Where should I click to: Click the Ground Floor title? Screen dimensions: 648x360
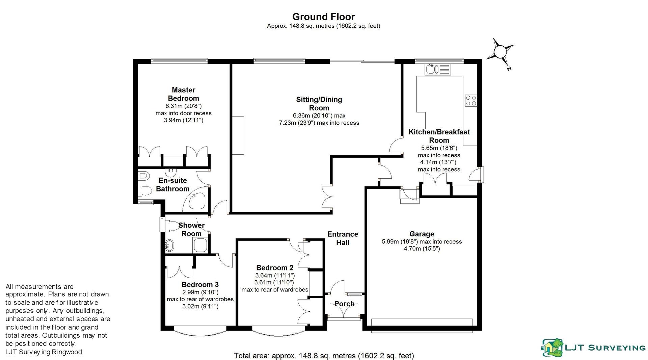(x=323, y=17)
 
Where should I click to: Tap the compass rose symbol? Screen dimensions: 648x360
(x=500, y=52)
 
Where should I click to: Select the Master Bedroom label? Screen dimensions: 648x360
(x=183, y=94)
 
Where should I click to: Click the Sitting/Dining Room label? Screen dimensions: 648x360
(x=319, y=104)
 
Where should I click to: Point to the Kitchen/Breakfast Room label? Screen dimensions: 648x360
(x=439, y=136)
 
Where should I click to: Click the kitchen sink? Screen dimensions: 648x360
(x=432, y=70)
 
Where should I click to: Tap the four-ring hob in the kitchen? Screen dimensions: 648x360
(x=471, y=100)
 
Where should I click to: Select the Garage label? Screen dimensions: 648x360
(x=422, y=234)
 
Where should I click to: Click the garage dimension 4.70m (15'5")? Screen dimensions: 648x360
(x=422, y=249)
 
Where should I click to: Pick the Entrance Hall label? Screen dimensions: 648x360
(x=343, y=238)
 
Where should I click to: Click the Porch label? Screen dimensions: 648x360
(x=344, y=304)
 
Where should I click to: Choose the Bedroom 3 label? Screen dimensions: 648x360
(x=200, y=284)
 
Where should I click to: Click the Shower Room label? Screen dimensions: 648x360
(x=191, y=229)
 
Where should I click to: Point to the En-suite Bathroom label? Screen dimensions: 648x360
(x=172, y=184)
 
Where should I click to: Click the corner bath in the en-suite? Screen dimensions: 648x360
(x=196, y=200)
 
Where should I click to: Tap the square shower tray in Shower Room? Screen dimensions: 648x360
(x=199, y=245)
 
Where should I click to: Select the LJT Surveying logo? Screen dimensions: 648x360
(x=593, y=348)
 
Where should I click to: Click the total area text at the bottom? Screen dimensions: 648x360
(x=324, y=356)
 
